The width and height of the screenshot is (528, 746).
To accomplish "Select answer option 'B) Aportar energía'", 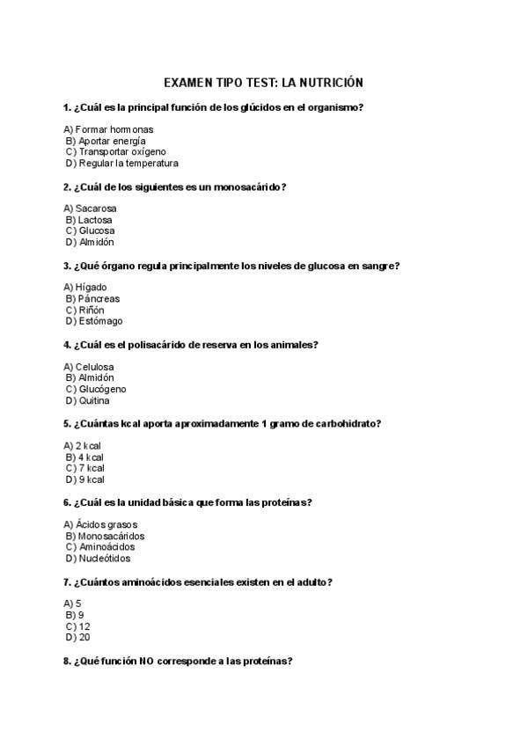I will (x=106, y=141).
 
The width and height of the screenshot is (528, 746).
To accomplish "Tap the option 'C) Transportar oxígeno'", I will (x=115, y=152).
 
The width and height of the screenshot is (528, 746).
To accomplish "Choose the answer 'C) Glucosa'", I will (x=90, y=231).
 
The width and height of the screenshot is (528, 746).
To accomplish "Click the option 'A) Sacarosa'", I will (x=90, y=208).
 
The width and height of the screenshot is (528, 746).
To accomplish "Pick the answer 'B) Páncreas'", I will (x=92, y=299).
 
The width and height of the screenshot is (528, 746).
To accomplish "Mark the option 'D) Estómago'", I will (x=94, y=321).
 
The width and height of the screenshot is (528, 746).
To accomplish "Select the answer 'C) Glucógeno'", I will (x=96, y=389).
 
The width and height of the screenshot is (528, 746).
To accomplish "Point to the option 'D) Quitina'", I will (x=88, y=400).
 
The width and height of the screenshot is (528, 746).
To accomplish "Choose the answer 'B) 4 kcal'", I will (x=84, y=457).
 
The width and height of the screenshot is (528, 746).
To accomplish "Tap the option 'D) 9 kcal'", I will (x=84, y=479).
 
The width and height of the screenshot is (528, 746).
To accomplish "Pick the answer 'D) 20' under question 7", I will (x=77, y=638).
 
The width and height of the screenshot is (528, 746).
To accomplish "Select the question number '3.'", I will (x=67, y=266).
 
